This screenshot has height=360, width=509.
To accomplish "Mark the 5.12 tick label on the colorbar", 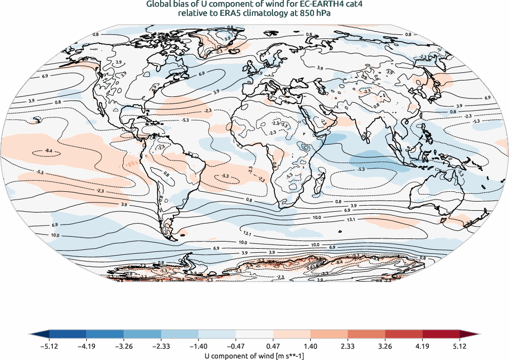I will pos(459,346).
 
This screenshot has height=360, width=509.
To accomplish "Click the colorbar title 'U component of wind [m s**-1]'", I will pos(254,354).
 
